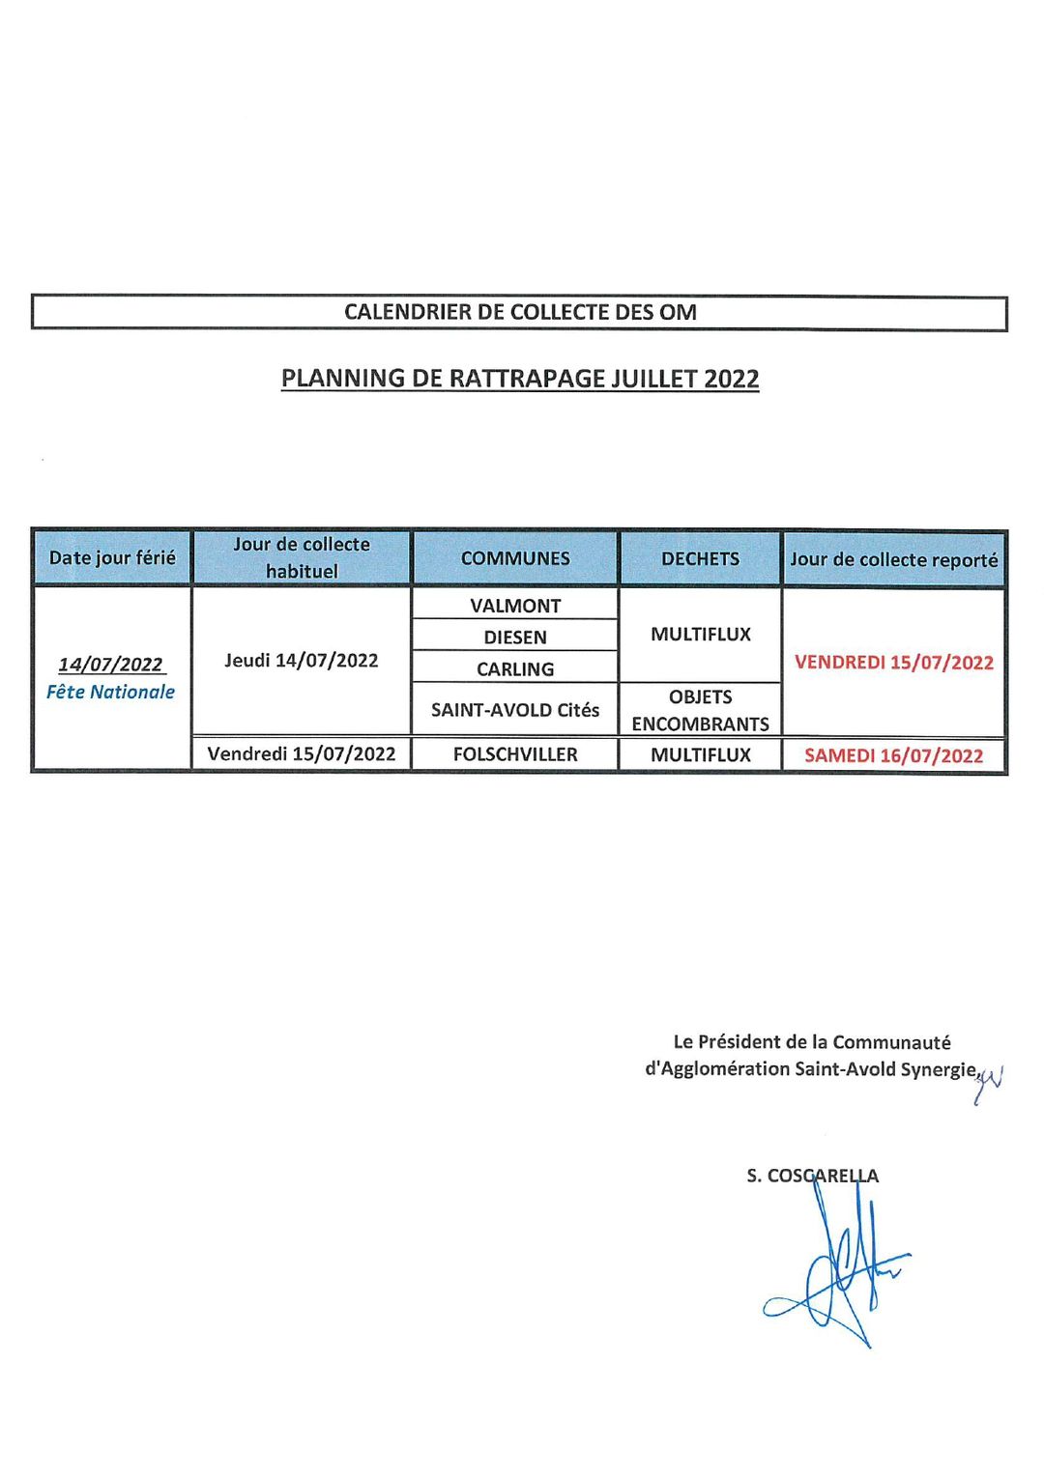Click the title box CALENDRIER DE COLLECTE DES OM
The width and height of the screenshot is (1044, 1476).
pyautogui.click(x=520, y=313)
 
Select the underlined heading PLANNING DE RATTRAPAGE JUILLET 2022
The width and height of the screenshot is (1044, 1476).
pyautogui.click(x=520, y=379)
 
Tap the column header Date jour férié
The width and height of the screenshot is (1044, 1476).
pyautogui.click(x=112, y=558)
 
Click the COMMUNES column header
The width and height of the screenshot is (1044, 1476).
pyautogui.click(x=515, y=558)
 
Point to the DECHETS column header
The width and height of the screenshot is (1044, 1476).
pyautogui.click(x=700, y=558)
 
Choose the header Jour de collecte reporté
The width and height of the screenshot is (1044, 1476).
pyautogui.click(x=893, y=559)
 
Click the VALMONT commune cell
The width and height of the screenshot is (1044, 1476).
pyautogui.click(x=515, y=606)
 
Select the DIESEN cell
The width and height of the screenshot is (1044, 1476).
pyautogui.click(x=515, y=638)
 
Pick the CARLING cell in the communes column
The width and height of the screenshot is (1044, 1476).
pyautogui.click(x=515, y=668)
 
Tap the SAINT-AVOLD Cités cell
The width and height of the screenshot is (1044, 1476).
pyautogui.click(x=515, y=710)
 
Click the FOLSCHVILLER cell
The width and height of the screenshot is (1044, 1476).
pyautogui.click(x=515, y=754)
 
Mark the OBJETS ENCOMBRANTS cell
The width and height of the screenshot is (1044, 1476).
pyautogui.click(x=700, y=710)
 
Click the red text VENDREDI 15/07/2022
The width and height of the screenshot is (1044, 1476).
pyautogui.click(x=893, y=663)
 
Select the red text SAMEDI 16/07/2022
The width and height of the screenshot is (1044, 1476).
pyautogui.click(x=893, y=755)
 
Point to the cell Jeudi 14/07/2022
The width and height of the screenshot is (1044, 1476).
pyautogui.click(x=302, y=661)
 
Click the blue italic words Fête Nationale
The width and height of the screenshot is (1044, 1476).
pyautogui.click(x=110, y=692)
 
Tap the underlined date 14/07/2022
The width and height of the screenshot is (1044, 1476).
pyautogui.click(x=110, y=665)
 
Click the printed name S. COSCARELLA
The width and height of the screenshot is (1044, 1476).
pyautogui.click(x=812, y=1176)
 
